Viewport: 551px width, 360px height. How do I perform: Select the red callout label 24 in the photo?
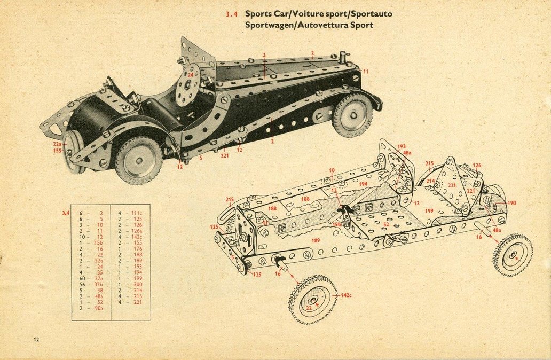[x=190, y=75]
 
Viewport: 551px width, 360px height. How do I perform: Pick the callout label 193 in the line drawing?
[x=402, y=146]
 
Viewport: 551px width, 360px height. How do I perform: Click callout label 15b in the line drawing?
[x=337, y=225]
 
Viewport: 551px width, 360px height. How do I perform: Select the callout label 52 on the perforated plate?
[x=385, y=224]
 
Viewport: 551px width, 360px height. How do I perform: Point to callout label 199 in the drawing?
[x=429, y=212]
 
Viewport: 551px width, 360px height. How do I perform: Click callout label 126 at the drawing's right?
[x=477, y=165]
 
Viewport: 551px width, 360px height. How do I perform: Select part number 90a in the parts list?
[x=99, y=308]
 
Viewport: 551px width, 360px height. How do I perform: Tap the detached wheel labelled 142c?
[x=312, y=299]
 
